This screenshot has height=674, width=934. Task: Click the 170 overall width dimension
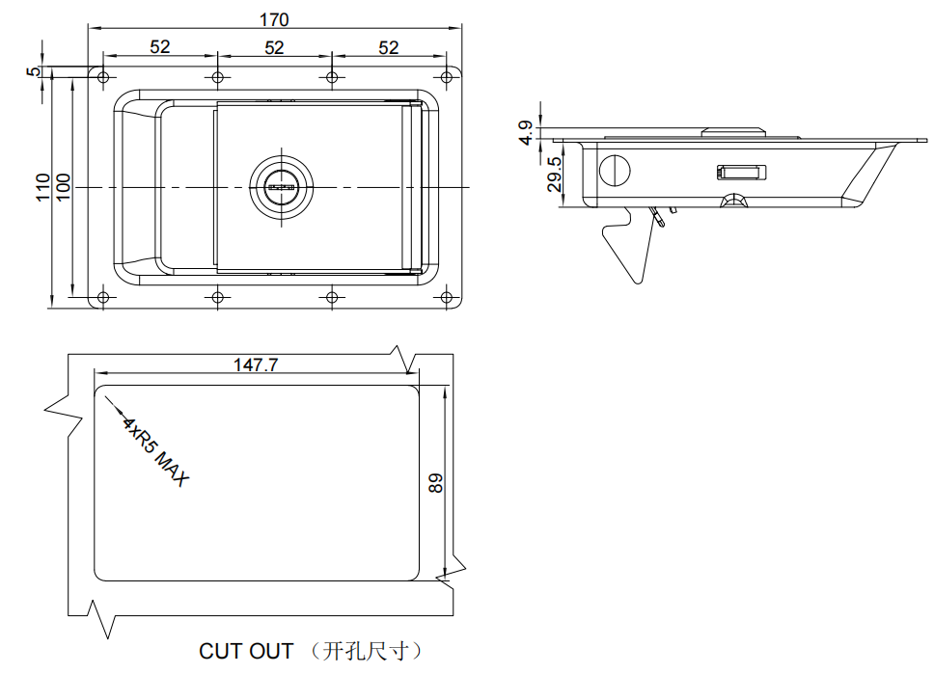274,19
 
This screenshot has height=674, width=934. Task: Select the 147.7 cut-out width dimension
256,364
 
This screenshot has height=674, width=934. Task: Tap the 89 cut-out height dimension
436,483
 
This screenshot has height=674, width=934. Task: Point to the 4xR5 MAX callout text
155,451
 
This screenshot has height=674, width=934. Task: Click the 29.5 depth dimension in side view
555,174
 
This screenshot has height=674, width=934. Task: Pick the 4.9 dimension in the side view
526,132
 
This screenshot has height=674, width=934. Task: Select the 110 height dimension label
42,188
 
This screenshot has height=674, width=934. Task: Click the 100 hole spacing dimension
63,188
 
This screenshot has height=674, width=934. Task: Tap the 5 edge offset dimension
34,71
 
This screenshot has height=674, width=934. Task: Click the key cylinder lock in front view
281,187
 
